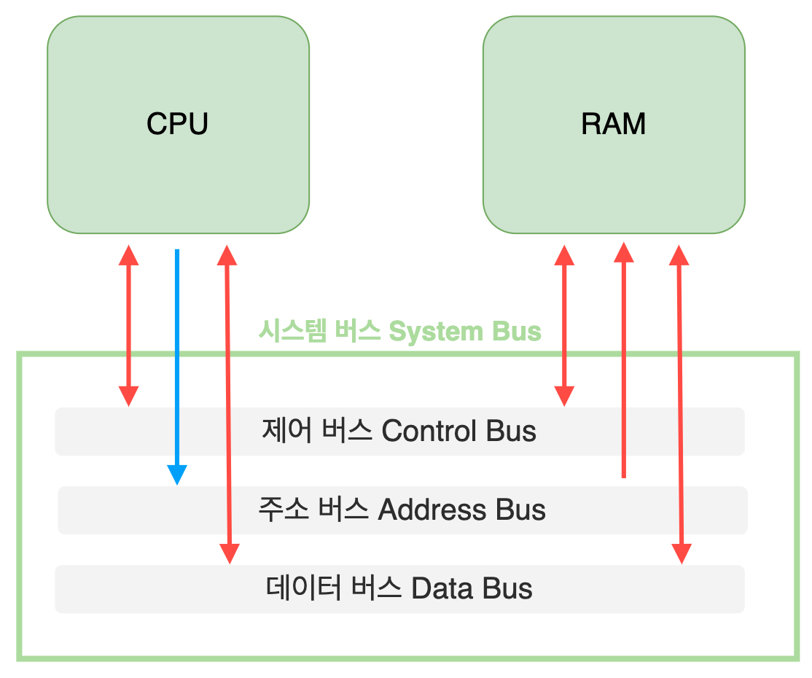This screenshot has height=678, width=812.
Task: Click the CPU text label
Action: tap(177, 124)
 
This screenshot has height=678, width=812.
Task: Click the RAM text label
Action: tap(613, 124)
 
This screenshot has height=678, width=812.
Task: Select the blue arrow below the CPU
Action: tap(176, 350)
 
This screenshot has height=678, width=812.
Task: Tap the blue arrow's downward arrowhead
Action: tap(176, 475)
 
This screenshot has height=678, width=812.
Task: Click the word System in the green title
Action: tap(435, 332)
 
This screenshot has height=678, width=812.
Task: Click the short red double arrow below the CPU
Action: tap(129, 325)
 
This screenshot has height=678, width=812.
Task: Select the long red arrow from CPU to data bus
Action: tap(228, 405)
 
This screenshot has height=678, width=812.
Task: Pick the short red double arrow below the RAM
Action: tap(564, 325)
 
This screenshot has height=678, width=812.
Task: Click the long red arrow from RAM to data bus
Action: tap(681, 405)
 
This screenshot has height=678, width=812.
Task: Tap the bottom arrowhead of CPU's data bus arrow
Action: tap(230, 554)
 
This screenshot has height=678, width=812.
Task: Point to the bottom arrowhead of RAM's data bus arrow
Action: tap(682, 554)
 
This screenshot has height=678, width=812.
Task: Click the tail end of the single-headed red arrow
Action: tap(623, 475)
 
